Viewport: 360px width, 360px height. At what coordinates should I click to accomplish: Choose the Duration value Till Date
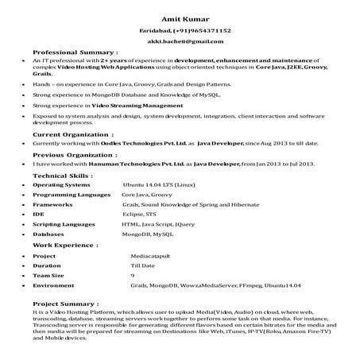(143, 266)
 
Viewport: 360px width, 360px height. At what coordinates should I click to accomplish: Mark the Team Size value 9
(133, 275)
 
